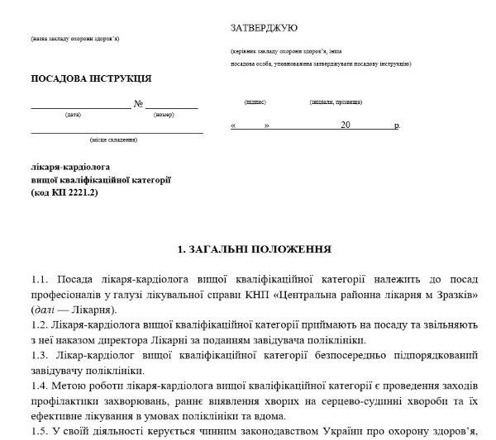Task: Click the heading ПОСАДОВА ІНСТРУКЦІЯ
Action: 91,79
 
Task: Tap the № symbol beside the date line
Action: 139,104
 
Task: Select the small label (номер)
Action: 164,115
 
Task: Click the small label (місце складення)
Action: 114,140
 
